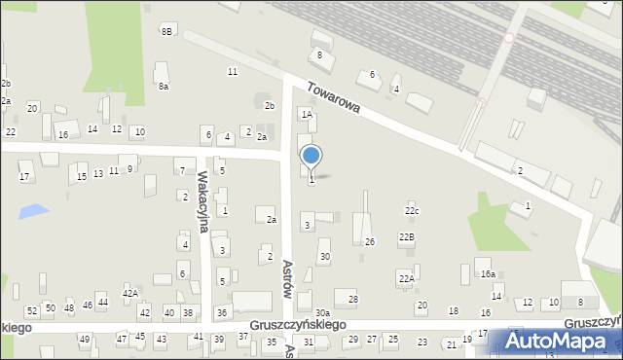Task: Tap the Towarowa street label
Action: point(334,96)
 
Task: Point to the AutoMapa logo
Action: point(559,342)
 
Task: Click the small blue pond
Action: point(33,210)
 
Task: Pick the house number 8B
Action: point(166,32)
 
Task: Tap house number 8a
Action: point(164,87)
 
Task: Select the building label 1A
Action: point(306,115)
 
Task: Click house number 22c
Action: point(412,210)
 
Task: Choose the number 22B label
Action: point(406,237)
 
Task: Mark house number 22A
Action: point(406,278)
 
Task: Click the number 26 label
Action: point(369,241)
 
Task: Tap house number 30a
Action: point(321,312)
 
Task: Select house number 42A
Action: point(129,293)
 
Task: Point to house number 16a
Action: point(487,275)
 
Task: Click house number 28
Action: point(352,299)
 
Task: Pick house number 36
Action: point(222,312)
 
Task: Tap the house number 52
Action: point(32,311)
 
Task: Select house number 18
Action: point(453,310)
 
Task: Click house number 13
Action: point(97,173)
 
